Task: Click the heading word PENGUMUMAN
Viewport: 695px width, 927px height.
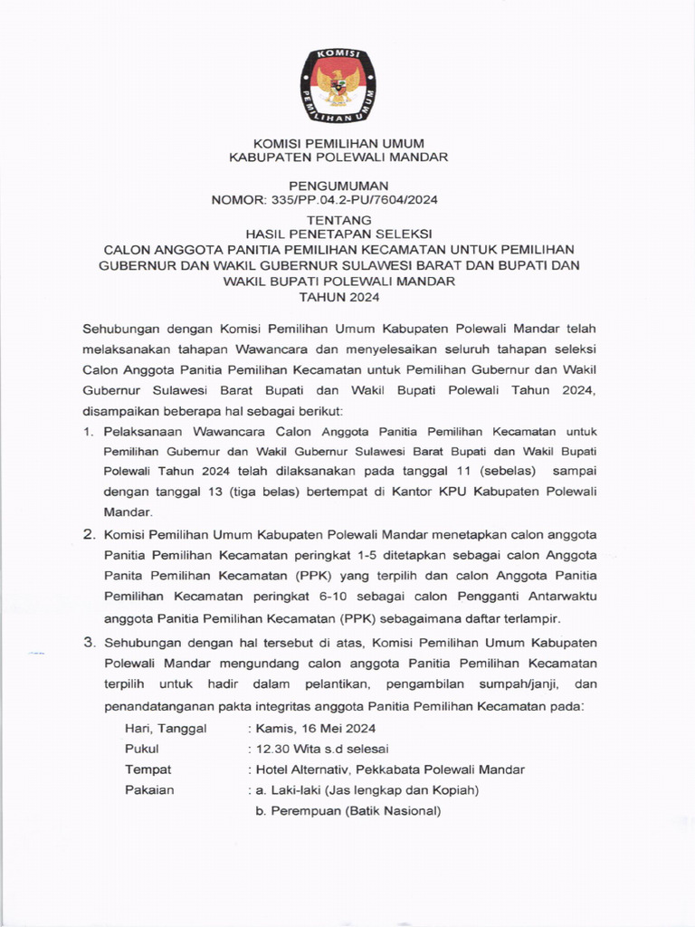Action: click(x=344, y=185)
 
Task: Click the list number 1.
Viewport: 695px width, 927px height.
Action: click(x=88, y=431)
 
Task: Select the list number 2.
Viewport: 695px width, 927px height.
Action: click(x=89, y=534)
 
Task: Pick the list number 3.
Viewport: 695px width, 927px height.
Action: click(x=89, y=642)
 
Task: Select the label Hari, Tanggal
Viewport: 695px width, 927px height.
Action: click(x=166, y=728)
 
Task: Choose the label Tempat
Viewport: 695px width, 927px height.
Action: click(x=148, y=769)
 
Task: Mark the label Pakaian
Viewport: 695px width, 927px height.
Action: click(x=149, y=790)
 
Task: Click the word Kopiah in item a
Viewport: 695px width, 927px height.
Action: click(x=453, y=790)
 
